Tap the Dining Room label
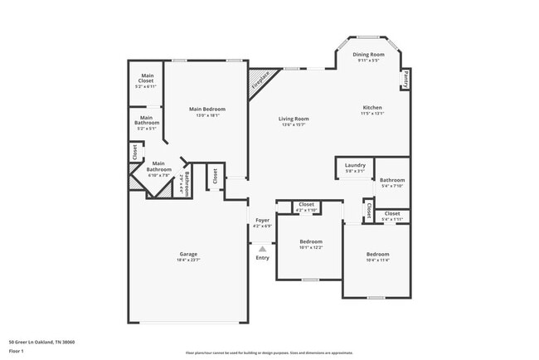coord(368,54)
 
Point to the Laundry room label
coord(355,165)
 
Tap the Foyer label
coord(262,220)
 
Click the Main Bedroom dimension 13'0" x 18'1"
coord(206,115)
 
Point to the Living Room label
coord(294,119)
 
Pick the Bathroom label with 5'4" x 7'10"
coord(392,180)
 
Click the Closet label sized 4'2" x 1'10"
coord(306,204)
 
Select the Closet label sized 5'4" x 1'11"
coord(392,214)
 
